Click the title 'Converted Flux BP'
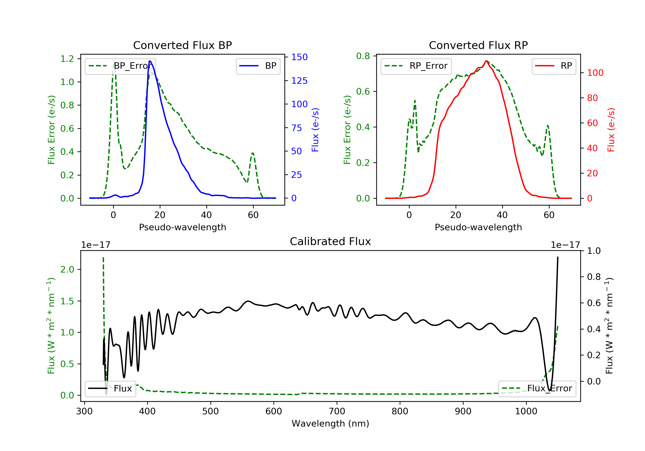point(182,45)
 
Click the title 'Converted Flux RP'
point(478,45)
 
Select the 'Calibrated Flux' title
point(330,241)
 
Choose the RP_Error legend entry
point(416,66)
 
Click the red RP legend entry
point(553,66)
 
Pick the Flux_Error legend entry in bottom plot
point(537,389)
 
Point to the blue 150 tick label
point(299,57)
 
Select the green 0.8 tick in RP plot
point(363,56)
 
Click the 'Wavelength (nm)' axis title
point(330,424)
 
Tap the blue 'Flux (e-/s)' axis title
point(315,130)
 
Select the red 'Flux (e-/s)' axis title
point(611,130)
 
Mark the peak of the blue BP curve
point(150,61)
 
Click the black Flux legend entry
point(110,389)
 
